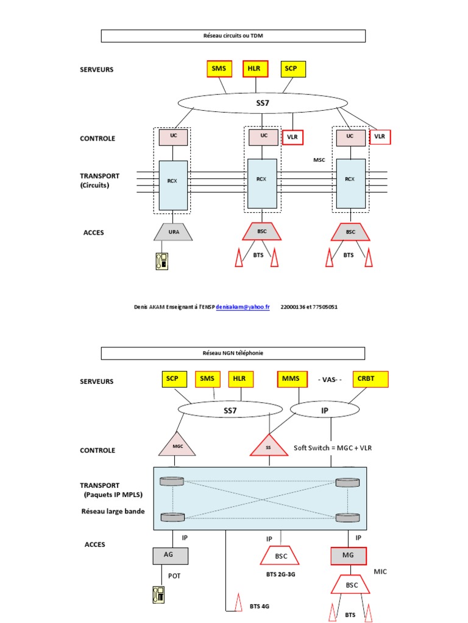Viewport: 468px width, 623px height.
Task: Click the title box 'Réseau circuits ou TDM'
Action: tap(233, 36)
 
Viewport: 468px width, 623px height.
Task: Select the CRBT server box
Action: tap(366, 379)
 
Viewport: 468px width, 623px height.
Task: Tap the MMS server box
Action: tap(291, 379)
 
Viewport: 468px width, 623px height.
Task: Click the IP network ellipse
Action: tap(325, 411)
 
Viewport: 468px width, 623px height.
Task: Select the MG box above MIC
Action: tap(349, 555)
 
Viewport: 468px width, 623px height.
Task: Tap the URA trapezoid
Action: tap(174, 231)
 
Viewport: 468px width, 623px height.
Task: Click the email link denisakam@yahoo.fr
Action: tap(243, 307)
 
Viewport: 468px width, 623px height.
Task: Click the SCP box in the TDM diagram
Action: tap(291, 69)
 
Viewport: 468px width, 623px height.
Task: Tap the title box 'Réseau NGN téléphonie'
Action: tap(233, 353)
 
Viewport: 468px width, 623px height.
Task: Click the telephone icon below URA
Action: tap(160, 260)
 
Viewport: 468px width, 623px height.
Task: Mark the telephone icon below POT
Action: tap(160, 594)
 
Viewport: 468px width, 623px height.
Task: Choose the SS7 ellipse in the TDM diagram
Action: tap(262, 103)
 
